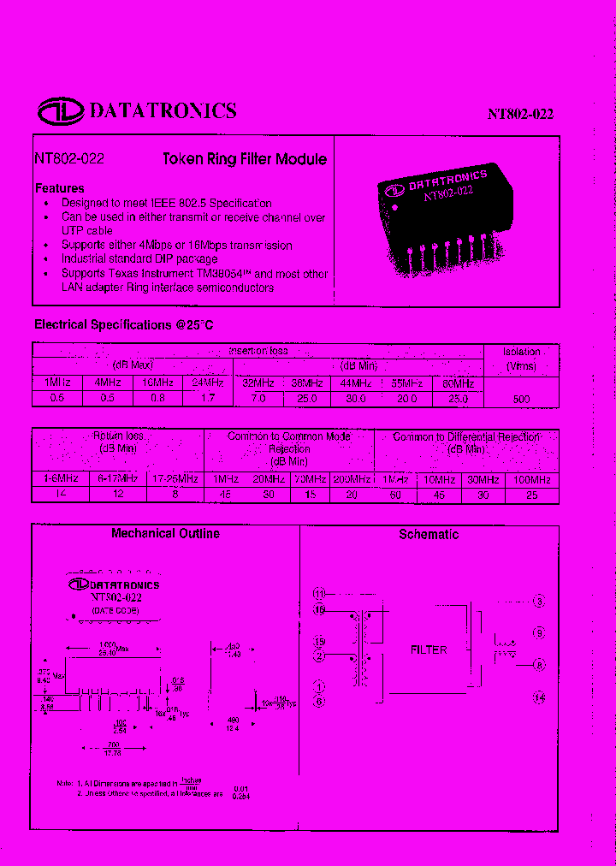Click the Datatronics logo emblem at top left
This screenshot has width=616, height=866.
click(x=59, y=111)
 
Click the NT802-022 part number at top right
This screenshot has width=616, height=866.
click(x=520, y=115)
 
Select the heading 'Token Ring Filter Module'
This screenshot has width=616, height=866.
click(x=245, y=159)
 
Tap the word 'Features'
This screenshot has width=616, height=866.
click(x=59, y=188)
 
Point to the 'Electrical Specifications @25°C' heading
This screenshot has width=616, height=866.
click(x=123, y=325)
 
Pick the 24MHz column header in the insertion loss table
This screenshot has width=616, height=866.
click(x=208, y=383)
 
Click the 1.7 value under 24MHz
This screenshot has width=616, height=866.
click(x=208, y=399)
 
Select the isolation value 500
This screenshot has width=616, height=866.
click(x=521, y=399)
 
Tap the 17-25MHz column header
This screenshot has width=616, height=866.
click(x=175, y=479)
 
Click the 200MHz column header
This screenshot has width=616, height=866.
click(x=352, y=479)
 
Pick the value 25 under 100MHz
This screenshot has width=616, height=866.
click(x=531, y=495)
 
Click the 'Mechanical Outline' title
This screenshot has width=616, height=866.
click(x=165, y=533)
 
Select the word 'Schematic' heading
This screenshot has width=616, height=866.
click(x=429, y=534)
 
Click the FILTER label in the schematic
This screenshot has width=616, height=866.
click(x=429, y=649)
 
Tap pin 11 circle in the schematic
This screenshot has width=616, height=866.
click(x=319, y=593)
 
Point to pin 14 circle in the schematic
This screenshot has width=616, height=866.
click(x=539, y=697)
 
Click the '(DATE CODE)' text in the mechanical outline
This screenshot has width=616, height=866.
click(x=115, y=611)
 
